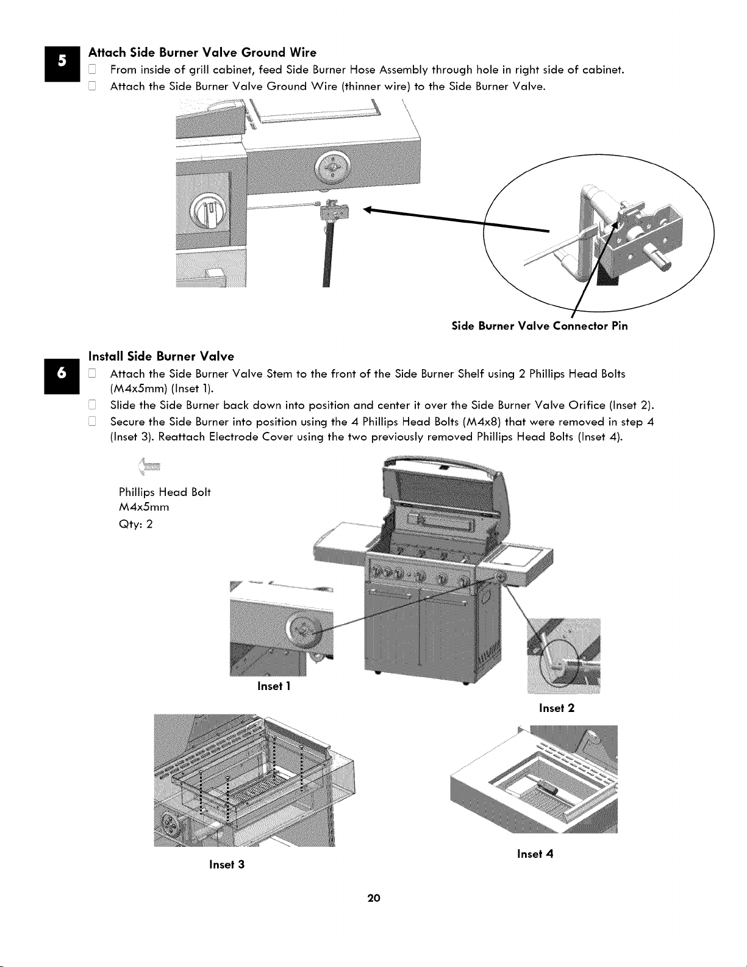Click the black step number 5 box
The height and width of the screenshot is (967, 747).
(62, 63)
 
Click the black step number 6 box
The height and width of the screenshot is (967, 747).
(62, 376)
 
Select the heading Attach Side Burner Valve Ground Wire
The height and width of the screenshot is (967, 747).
(202, 52)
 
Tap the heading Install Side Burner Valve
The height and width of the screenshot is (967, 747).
(162, 356)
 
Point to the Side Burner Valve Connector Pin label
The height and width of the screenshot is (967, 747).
(540, 326)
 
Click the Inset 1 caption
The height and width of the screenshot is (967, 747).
(274, 686)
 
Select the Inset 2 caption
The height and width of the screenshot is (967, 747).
(557, 708)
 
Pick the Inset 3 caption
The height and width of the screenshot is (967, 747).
(227, 865)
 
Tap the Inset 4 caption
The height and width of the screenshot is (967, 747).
(535, 854)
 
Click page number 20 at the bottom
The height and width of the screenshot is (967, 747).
(374, 898)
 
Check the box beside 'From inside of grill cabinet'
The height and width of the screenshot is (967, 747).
(92, 70)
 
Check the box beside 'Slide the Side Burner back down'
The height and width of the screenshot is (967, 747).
(92, 405)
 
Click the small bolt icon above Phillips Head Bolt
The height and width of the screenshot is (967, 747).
(149, 467)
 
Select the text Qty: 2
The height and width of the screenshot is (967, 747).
(135, 524)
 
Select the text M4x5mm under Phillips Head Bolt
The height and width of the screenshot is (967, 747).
(144, 508)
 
